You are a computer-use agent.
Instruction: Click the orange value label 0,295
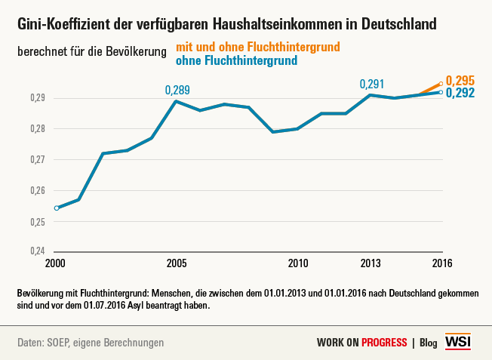click(x=460, y=81)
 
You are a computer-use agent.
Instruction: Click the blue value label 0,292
click(x=460, y=94)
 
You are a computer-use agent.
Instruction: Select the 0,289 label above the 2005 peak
click(x=177, y=91)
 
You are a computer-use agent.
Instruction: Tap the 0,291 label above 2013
click(x=372, y=84)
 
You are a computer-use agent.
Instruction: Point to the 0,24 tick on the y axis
click(x=36, y=251)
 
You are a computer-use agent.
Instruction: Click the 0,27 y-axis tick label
click(x=36, y=160)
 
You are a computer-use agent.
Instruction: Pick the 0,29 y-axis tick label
click(x=36, y=98)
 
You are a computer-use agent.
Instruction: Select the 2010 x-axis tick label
click(x=298, y=263)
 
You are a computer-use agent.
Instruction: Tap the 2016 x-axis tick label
click(x=442, y=263)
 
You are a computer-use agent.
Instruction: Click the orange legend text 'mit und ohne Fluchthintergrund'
click(x=257, y=47)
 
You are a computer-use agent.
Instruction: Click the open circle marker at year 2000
click(x=57, y=208)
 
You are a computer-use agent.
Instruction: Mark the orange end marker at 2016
click(x=441, y=85)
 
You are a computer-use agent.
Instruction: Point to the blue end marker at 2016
click(x=441, y=92)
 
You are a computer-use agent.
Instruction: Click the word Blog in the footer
click(x=428, y=343)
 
